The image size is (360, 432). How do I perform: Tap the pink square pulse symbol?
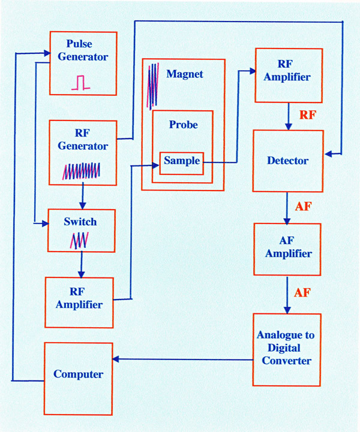point(80,83)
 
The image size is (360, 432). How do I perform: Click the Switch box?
point(80,231)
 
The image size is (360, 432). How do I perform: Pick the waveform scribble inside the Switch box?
point(79,240)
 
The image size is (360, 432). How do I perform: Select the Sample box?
point(181,162)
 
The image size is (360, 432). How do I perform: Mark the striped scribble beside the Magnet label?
point(154,85)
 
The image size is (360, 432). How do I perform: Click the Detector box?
point(288,161)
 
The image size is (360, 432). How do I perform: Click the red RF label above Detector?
point(307,116)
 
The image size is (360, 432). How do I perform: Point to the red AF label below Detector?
point(304,207)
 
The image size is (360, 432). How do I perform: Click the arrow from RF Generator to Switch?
point(82,197)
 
